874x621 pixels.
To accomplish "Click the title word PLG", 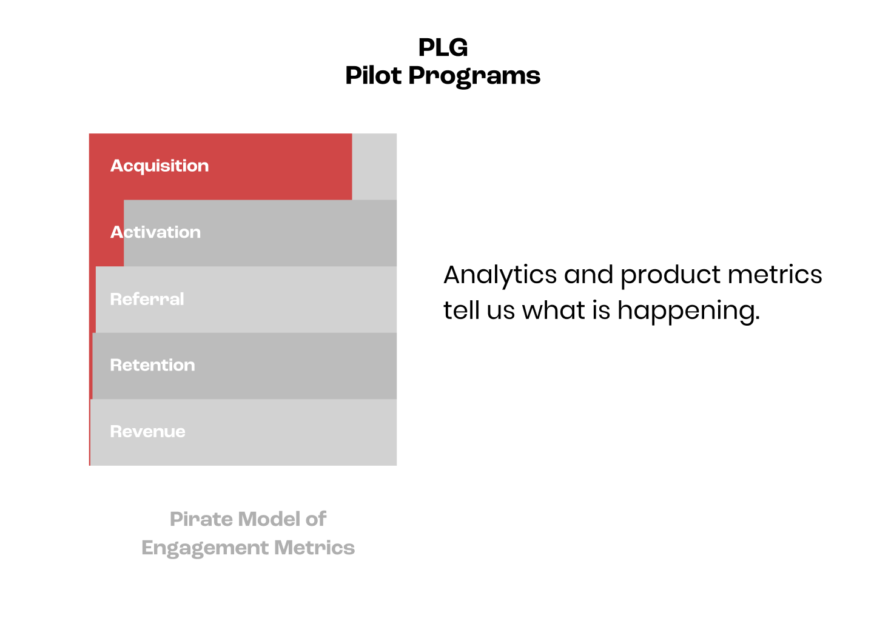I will coord(443,48).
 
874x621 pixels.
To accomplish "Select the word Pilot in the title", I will coord(373,76).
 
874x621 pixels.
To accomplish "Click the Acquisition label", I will coord(160,166).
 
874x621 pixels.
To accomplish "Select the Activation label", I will coord(155,232).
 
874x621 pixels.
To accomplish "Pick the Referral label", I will coord(147,299).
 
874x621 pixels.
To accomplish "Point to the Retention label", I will coord(152,365).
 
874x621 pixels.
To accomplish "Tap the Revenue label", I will coord(147,432).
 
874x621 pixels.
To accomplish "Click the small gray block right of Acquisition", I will coord(374,167).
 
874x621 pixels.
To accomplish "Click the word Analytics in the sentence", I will coord(500,275).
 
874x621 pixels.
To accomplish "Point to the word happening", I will coord(688,312).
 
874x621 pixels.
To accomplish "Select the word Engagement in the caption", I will coord(204,548).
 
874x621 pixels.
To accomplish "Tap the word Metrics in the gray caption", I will coord(314,548).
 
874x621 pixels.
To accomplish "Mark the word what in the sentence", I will coord(553,310).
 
